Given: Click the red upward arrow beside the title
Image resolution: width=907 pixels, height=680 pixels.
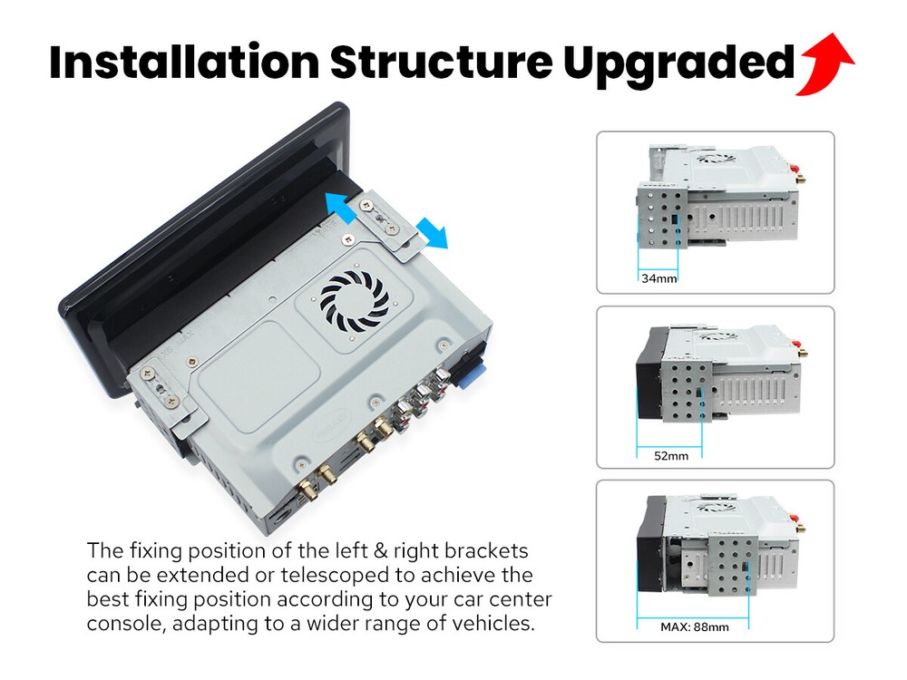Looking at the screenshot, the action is (824, 63).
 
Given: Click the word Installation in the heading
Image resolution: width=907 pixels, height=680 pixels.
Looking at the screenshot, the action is (184, 62).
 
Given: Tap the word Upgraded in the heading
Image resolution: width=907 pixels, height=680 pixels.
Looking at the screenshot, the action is (678, 64).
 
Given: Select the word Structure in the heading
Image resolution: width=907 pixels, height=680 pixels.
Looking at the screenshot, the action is (442, 62).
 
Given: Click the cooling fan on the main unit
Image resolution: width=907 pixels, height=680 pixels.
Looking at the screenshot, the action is (355, 298).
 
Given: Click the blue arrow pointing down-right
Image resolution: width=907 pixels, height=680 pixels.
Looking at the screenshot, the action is (433, 233).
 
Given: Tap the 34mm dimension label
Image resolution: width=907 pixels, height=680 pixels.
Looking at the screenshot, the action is (658, 278).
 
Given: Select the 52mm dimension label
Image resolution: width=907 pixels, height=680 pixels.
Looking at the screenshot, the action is (671, 456).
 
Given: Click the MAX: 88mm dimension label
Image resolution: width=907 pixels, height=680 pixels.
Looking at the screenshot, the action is (694, 627).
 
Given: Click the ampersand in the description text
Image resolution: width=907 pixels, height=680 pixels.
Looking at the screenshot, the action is (380, 550).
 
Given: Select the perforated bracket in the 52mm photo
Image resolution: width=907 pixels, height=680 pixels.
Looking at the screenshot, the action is (688, 391).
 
